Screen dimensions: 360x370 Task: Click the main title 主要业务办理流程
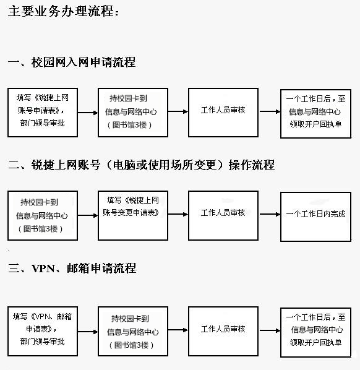[63, 11]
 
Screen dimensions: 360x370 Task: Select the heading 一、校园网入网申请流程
[72, 62]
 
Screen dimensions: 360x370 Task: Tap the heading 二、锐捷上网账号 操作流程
[141, 165]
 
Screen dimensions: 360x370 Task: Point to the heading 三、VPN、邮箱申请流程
[72, 269]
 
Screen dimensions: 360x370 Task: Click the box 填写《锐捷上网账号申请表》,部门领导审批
[43, 113]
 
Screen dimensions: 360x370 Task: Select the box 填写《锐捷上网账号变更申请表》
[133, 216]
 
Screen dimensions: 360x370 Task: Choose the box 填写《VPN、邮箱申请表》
[43, 331]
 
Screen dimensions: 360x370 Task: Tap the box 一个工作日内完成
[315, 217]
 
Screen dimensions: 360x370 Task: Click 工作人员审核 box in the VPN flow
[223, 331]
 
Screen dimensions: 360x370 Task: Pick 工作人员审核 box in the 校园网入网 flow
[223, 113]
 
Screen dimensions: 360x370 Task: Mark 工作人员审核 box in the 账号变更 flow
[223, 216]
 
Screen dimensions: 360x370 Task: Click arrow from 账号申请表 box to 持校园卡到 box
[88, 113]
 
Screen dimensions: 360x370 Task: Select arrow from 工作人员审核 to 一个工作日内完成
[270, 214]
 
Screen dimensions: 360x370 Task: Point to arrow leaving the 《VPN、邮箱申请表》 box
[88, 332]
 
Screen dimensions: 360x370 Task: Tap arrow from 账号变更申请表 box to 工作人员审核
[178, 214]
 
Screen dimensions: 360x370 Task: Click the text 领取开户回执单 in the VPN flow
[315, 342]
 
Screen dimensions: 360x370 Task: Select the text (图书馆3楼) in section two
[41, 229]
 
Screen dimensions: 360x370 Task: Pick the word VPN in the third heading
[43, 269]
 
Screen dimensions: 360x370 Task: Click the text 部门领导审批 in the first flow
[43, 123]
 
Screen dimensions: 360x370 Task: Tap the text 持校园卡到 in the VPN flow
[131, 319]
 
